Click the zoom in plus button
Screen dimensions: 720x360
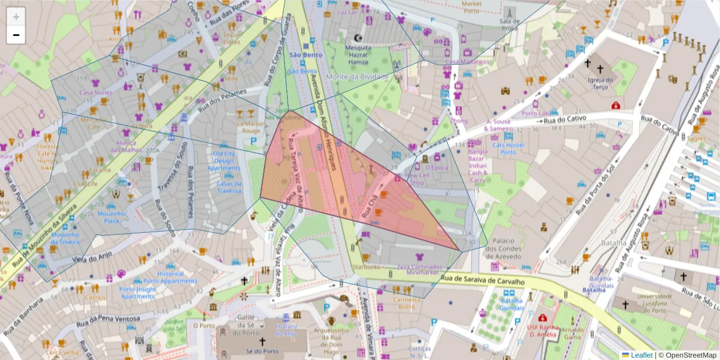(x=16, y=17)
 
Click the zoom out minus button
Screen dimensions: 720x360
(x=16, y=35)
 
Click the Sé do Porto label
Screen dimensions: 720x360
(x=262, y=351)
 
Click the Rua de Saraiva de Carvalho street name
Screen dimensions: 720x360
(x=482, y=280)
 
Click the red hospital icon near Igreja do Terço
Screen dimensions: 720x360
(x=616, y=106)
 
